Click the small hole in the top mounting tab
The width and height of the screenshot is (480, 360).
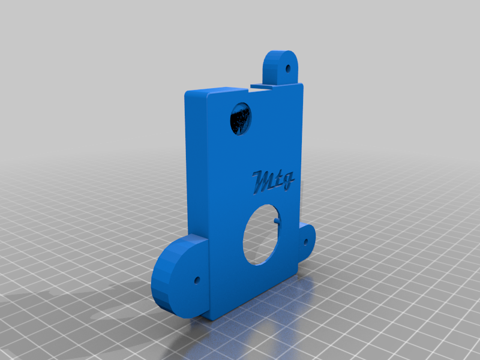[x=287, y=68]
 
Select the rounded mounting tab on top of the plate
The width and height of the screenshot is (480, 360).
[x=280, y=67]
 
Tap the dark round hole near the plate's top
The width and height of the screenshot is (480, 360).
[x=241, y=119]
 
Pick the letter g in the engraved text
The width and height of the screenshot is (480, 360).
[x=288, y=181]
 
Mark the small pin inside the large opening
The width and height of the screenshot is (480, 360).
[x=276, y=220]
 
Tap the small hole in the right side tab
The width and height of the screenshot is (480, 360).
[x=305, y=242]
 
